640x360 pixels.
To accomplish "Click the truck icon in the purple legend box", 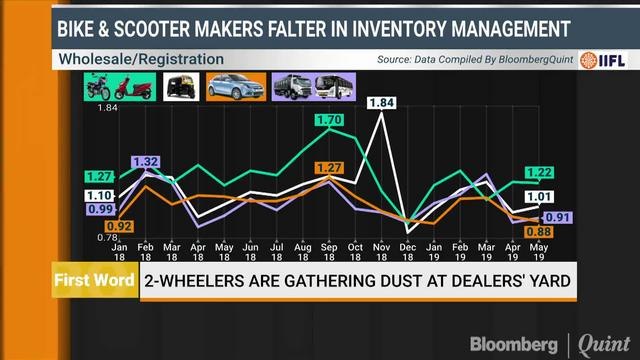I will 289,89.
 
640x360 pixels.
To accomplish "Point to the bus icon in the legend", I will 331,89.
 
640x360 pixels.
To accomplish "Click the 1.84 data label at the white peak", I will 382,103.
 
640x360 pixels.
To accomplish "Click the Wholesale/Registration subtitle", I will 141,59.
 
